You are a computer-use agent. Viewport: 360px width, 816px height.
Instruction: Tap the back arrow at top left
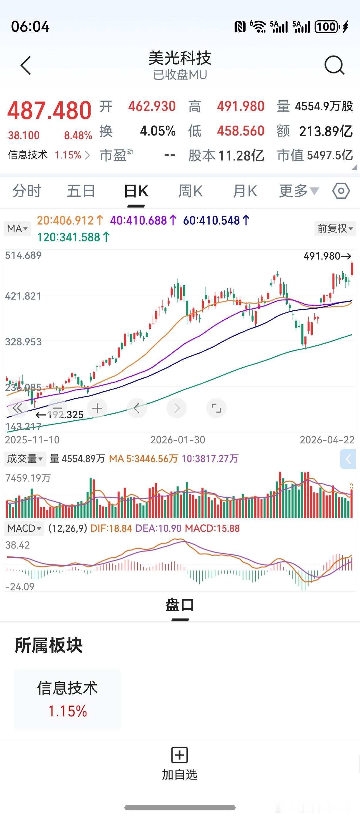point(26,66)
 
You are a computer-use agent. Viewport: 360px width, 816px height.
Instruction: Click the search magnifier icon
point(334,65)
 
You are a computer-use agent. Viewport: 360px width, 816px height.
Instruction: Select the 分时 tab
point(27,191)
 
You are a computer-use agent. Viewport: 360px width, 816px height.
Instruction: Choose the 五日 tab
point(81,191)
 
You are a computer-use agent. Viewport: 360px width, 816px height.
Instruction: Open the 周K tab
point(190,191)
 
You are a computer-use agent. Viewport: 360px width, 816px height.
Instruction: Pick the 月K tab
point(245,191)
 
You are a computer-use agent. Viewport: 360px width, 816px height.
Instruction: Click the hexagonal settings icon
point(341,191)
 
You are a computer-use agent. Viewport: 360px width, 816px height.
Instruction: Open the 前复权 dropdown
point(335,228)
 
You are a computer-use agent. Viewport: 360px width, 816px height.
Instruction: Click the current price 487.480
point(49,111)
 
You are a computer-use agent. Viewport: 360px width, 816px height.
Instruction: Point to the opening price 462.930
point(152,106)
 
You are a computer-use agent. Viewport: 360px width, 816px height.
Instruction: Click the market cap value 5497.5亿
point(330,155)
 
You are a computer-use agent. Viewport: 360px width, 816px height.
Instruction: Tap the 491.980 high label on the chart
point(327,256)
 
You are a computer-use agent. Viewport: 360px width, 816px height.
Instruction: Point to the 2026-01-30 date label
point(177,440)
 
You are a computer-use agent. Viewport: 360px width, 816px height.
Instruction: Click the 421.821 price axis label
point(23,296)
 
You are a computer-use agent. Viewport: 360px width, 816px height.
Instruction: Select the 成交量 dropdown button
point(25,458)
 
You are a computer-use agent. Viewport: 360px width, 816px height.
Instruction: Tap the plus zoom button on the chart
point(97,408)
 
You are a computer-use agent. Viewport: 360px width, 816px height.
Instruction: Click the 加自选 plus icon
point(180,755)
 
